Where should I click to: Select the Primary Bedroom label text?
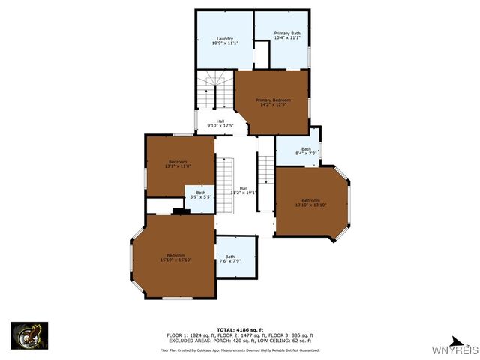click(273, 100)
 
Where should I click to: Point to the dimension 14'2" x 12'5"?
click(273, 104)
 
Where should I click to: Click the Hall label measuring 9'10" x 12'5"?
click(220, 123)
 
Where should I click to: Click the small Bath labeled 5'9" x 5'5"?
click(201, 194)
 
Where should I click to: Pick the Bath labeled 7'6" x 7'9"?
click(229, 258)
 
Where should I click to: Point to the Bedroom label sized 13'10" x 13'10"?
click(310, 202)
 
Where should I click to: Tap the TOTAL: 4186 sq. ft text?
click(240, 329)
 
